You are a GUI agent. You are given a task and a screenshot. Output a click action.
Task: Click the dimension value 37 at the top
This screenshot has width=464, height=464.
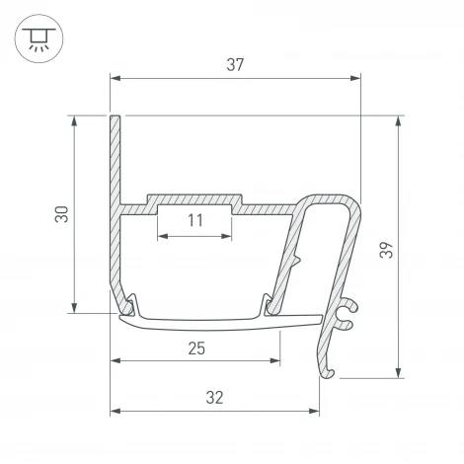point(235,65)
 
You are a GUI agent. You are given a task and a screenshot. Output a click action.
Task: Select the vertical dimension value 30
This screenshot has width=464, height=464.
point(61,214)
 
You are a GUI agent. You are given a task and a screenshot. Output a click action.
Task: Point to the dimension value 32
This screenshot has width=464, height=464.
point(214,398)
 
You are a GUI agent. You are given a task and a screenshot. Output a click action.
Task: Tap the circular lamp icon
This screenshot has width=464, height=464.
point(38,39)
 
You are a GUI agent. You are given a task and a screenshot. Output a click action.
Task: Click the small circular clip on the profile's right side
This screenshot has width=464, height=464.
point(345,315)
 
